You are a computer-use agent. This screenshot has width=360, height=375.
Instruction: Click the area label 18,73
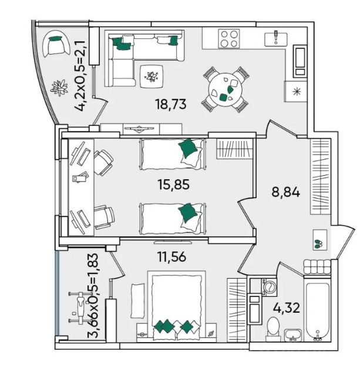click(x=170, y=105)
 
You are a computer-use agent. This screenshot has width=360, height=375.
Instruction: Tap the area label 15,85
click(x=174, y=185)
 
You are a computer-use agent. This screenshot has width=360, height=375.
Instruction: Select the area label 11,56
click(x=171, y=257)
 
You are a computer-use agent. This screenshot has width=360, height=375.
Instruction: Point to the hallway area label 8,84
click(x=285, y=192)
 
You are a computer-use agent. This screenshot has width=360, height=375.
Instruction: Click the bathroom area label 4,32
click(x=286, y=308)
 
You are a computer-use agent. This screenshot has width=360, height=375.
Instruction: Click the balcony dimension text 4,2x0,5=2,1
click(x=80, y=76)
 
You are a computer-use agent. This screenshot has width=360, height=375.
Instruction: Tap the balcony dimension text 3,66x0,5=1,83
click(x=93, y=296)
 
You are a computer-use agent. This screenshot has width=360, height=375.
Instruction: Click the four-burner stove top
click(x=229, y=39)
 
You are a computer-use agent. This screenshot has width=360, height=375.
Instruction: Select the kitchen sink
click(x=276, y=39)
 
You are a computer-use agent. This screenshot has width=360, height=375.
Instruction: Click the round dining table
click(x=226, y=90)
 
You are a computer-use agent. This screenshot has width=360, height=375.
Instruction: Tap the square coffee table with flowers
click(x=152, y=76)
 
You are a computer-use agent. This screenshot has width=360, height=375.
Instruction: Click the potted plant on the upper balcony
click(x=59, y=87)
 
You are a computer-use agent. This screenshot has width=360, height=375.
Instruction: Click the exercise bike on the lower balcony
click(x=78, y=307)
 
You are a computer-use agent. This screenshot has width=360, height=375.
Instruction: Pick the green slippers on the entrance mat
click(x=318, y=244)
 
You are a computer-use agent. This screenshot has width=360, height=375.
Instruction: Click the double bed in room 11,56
click(x=176, y=307)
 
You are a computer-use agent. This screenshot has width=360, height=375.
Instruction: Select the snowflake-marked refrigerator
click(x=296, y=91)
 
